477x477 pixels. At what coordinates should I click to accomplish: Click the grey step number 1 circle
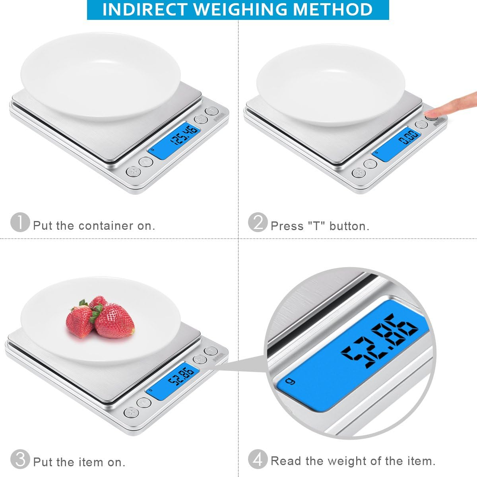(x=20, y=222)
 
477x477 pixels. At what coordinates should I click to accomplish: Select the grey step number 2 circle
(x=258, y=222)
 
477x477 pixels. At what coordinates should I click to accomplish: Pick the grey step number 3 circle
(x=20, y=460)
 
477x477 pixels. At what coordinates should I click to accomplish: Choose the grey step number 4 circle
(x=258, y=460)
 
